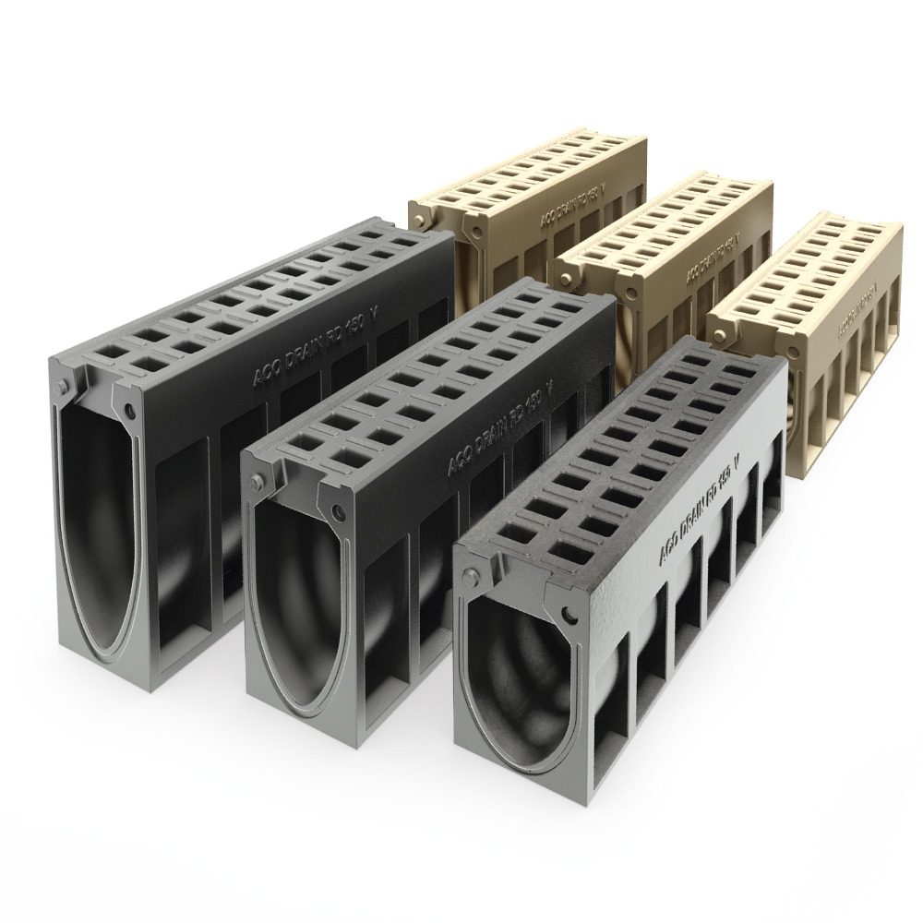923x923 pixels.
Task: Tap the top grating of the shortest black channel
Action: [x=637, y=452]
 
